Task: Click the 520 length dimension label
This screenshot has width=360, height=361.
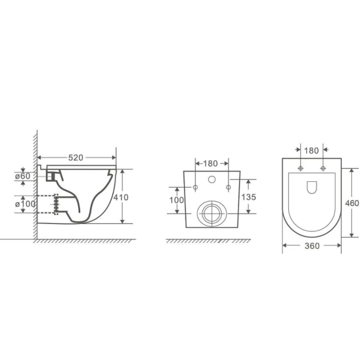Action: pos(76,158)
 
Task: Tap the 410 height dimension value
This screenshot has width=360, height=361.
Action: pos(121,198)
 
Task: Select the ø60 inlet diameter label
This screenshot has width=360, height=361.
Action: pos(22,176)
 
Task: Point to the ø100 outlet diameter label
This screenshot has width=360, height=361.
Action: pos(26,203)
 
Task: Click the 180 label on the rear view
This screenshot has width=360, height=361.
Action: pos(210,163)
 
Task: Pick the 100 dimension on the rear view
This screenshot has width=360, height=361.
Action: pos(177,200)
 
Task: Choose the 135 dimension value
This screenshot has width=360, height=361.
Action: pos(249,197)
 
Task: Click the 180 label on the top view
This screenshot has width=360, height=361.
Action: pos(311,151)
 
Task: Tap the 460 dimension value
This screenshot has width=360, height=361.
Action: pos(352,203)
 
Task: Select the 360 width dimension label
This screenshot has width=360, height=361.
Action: pos(312,246)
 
